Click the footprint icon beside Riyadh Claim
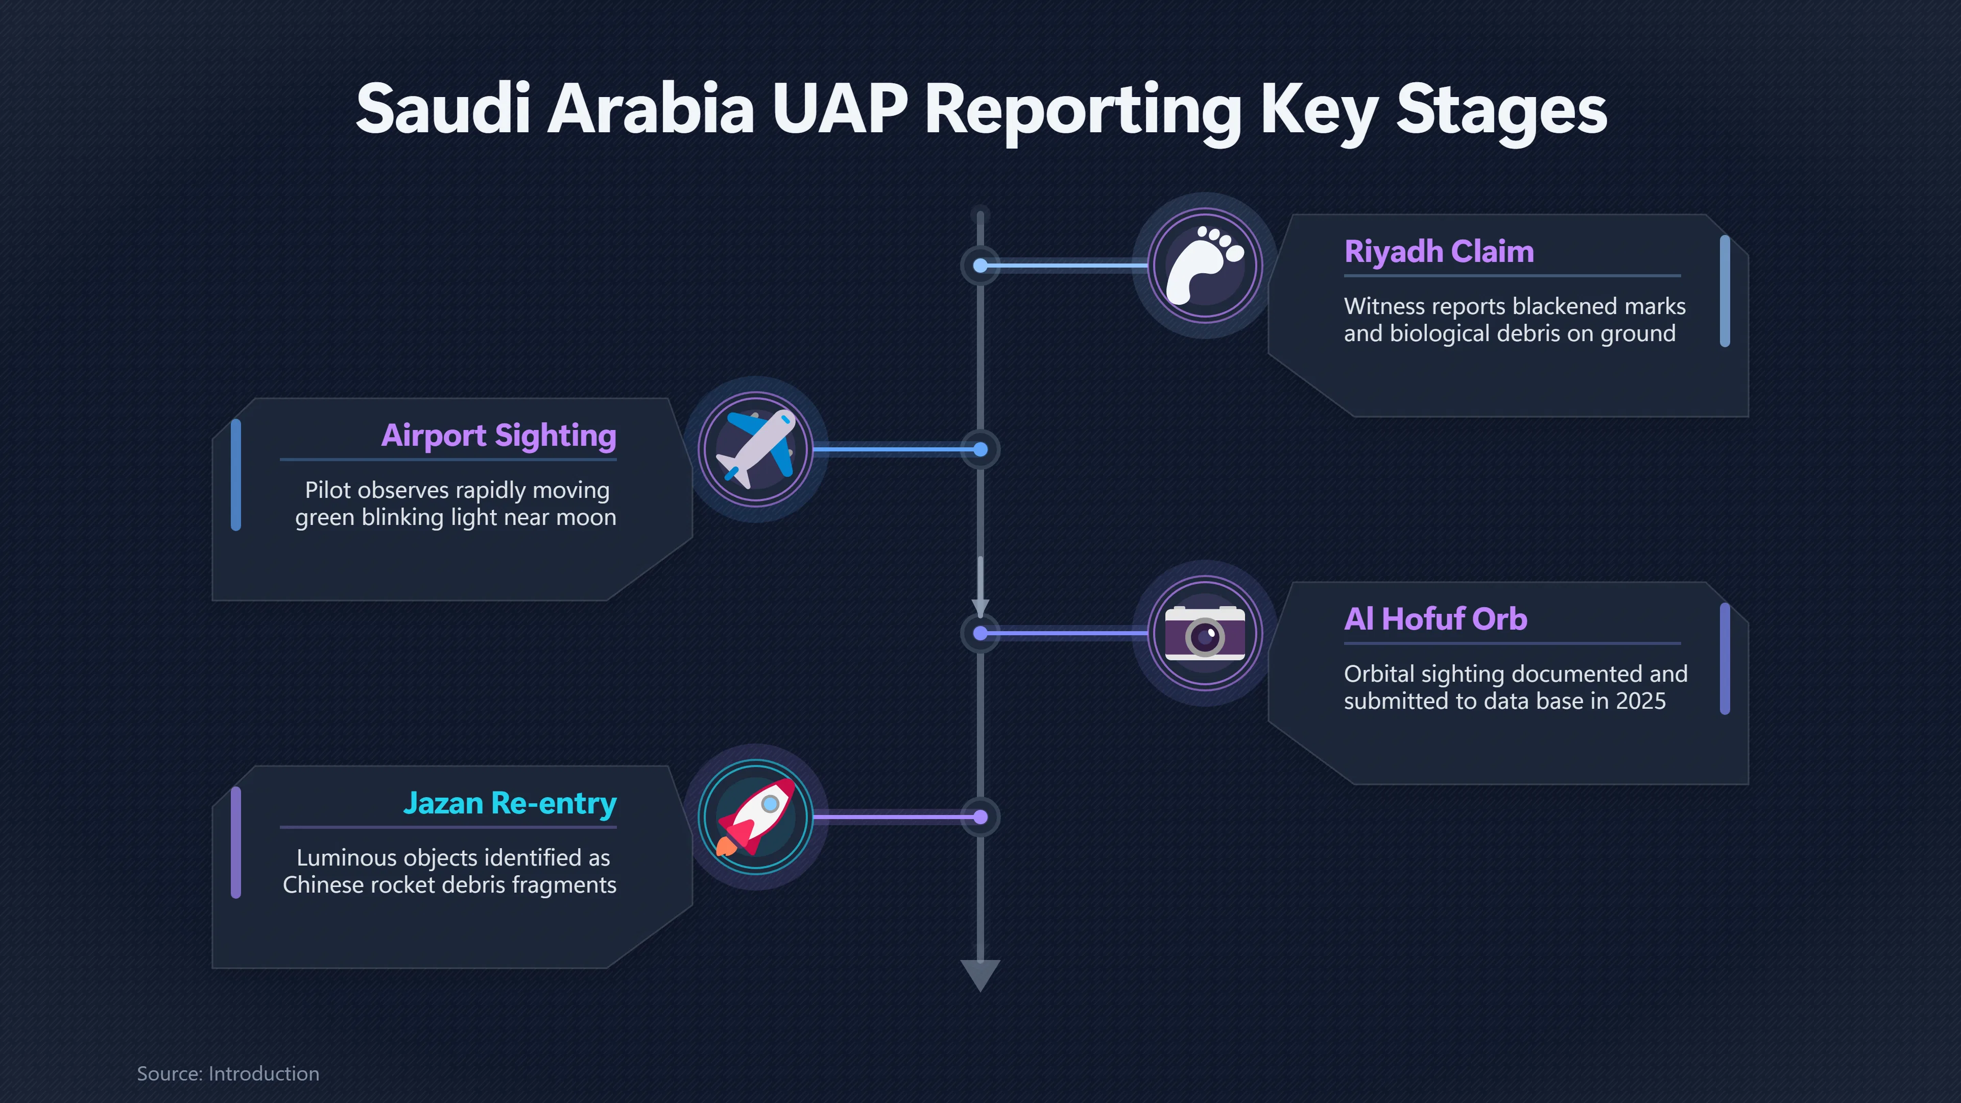[x=1205, y=266]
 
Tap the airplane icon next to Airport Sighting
[x=757, y=449]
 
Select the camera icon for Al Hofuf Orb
[x=1205, y=633]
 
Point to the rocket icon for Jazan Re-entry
[x=756, y=817]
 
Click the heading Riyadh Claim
[x=1439, y=251]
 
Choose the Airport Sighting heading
[x=498, y=436]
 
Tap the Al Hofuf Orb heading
[x=1436, y=619]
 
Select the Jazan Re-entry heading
[x=510, y=804]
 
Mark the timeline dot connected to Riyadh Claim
[x=980, y=266]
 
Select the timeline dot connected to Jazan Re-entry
[x=980, y=817]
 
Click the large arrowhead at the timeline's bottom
[x=980, y=974]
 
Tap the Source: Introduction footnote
[x=228, y=1073]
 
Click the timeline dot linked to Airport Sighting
[x=980, y=449]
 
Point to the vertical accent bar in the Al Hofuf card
[x=1725, y=658]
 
